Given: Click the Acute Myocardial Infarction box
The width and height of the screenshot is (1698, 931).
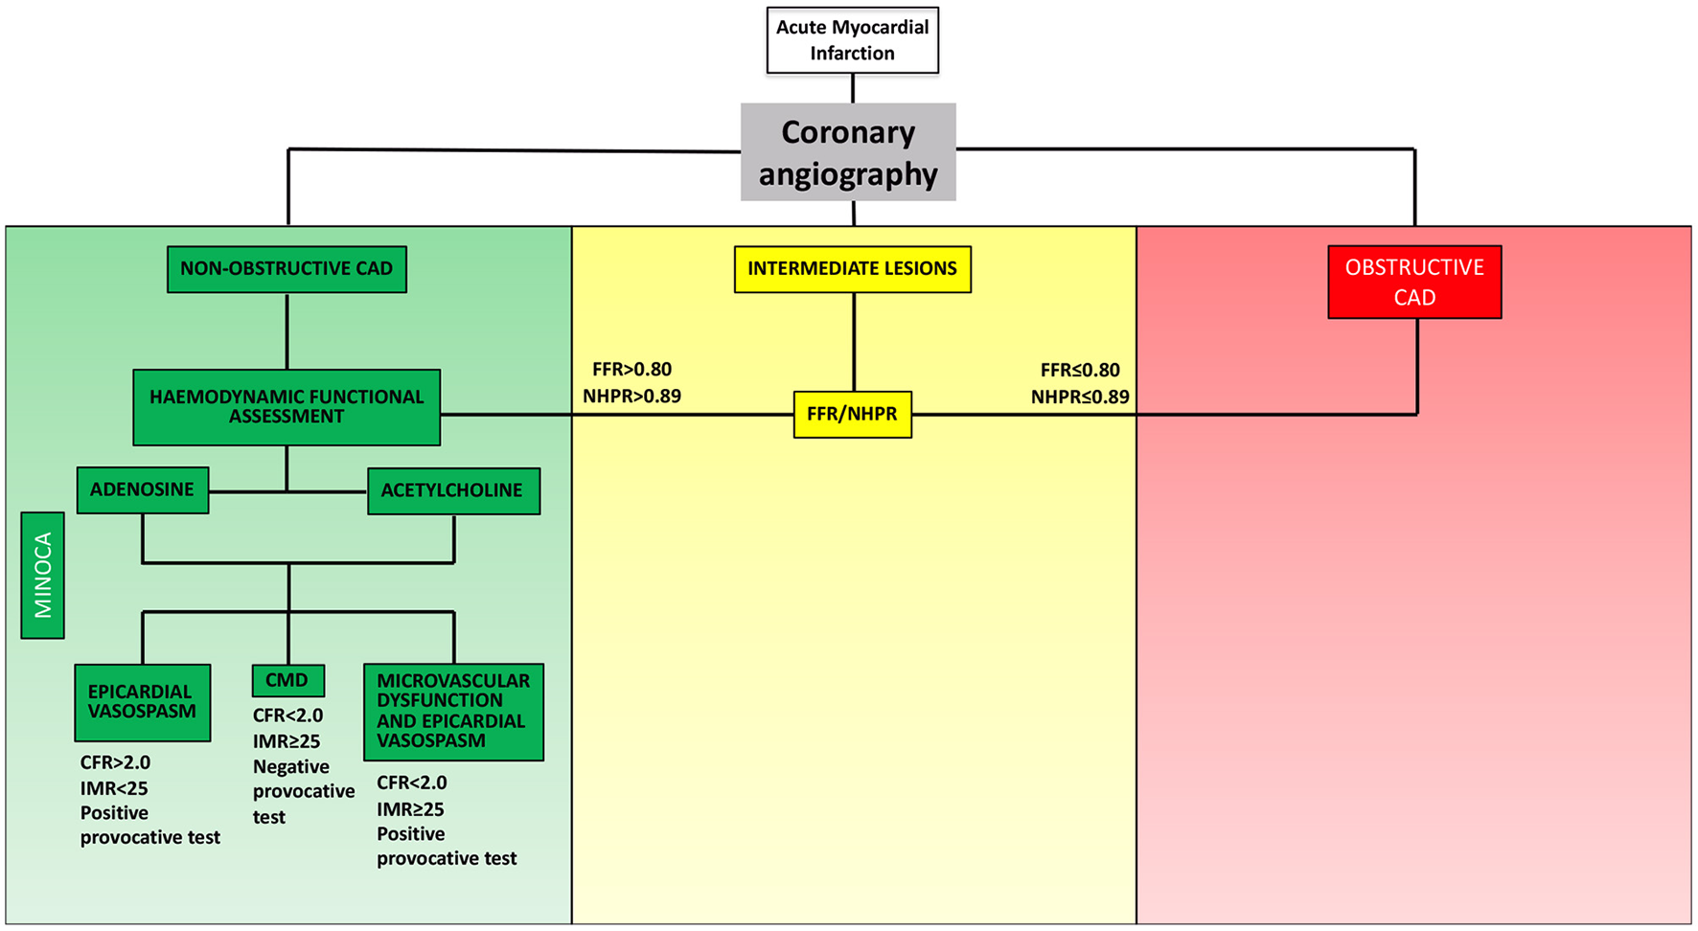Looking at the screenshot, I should point(852,40).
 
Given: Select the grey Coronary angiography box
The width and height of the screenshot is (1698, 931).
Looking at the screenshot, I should point(848,152).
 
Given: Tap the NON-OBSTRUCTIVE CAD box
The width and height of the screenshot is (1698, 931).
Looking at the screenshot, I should point(287,269).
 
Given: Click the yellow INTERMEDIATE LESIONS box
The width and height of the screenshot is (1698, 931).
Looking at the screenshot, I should point(852,269).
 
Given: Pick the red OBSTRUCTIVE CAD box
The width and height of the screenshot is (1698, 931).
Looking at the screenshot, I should point(1414,282).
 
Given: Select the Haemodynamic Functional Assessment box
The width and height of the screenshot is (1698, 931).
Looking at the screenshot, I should point(287,407).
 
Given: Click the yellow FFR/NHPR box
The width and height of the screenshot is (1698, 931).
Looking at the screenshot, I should point(852,415).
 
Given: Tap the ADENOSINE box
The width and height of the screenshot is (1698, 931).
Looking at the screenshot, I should point(143,490).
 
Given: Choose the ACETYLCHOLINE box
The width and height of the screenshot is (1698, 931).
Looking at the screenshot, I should point(453,490).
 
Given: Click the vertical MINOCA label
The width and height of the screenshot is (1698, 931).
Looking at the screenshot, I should point(43,575).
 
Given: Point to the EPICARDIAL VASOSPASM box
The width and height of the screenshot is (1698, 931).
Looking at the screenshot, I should point(143,702).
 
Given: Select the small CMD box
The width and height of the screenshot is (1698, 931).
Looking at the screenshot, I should point(287,681).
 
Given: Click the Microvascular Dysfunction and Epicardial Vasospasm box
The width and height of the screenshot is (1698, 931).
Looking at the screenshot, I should point(453,712).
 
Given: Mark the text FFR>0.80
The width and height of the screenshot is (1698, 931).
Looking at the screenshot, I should point(631,370).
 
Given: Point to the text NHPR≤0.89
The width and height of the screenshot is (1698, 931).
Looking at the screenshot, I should point(1080,397).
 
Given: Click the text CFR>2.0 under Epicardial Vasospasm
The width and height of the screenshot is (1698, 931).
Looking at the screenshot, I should point(115,763).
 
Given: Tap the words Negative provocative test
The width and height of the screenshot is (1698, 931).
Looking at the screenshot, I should point(303,791).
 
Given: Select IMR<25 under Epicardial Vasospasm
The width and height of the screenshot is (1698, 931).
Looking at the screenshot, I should point(114,788).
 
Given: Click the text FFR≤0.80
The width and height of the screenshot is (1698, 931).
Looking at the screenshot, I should point(1080,370).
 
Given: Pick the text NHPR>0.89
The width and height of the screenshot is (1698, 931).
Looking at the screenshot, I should point(631,397).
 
